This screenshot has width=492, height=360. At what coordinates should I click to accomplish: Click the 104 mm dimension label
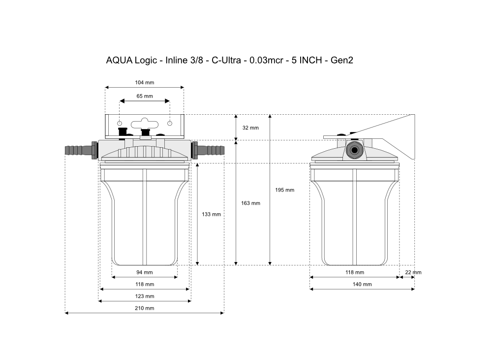[x=144, y=83]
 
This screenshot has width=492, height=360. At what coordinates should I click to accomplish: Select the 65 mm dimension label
[x=144, y=96]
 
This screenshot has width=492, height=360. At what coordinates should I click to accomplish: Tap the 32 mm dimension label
[x=250, y=128]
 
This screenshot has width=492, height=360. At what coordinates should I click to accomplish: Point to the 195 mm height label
[x=284, y=190]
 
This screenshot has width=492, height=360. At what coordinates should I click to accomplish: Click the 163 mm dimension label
[x=250, y=203]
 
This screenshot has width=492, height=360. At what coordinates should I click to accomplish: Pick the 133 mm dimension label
[x=212, y=214]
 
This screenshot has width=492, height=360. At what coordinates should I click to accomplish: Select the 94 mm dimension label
[x=144, y=272]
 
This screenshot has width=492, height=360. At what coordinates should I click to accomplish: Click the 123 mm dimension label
[x=144, y=296]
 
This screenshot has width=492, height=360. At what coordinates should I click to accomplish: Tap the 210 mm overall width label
[x=144, y=308]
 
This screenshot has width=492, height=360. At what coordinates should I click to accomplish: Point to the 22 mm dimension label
[x=413, y=272]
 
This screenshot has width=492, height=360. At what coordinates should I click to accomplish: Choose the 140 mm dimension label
[x=362, y=284]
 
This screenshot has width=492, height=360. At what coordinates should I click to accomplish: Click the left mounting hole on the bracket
[x=120, y=123]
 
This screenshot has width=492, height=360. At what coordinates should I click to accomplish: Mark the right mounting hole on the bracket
[x=170, y=123]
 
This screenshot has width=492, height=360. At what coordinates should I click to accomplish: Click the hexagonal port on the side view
[x=354, y=150]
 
